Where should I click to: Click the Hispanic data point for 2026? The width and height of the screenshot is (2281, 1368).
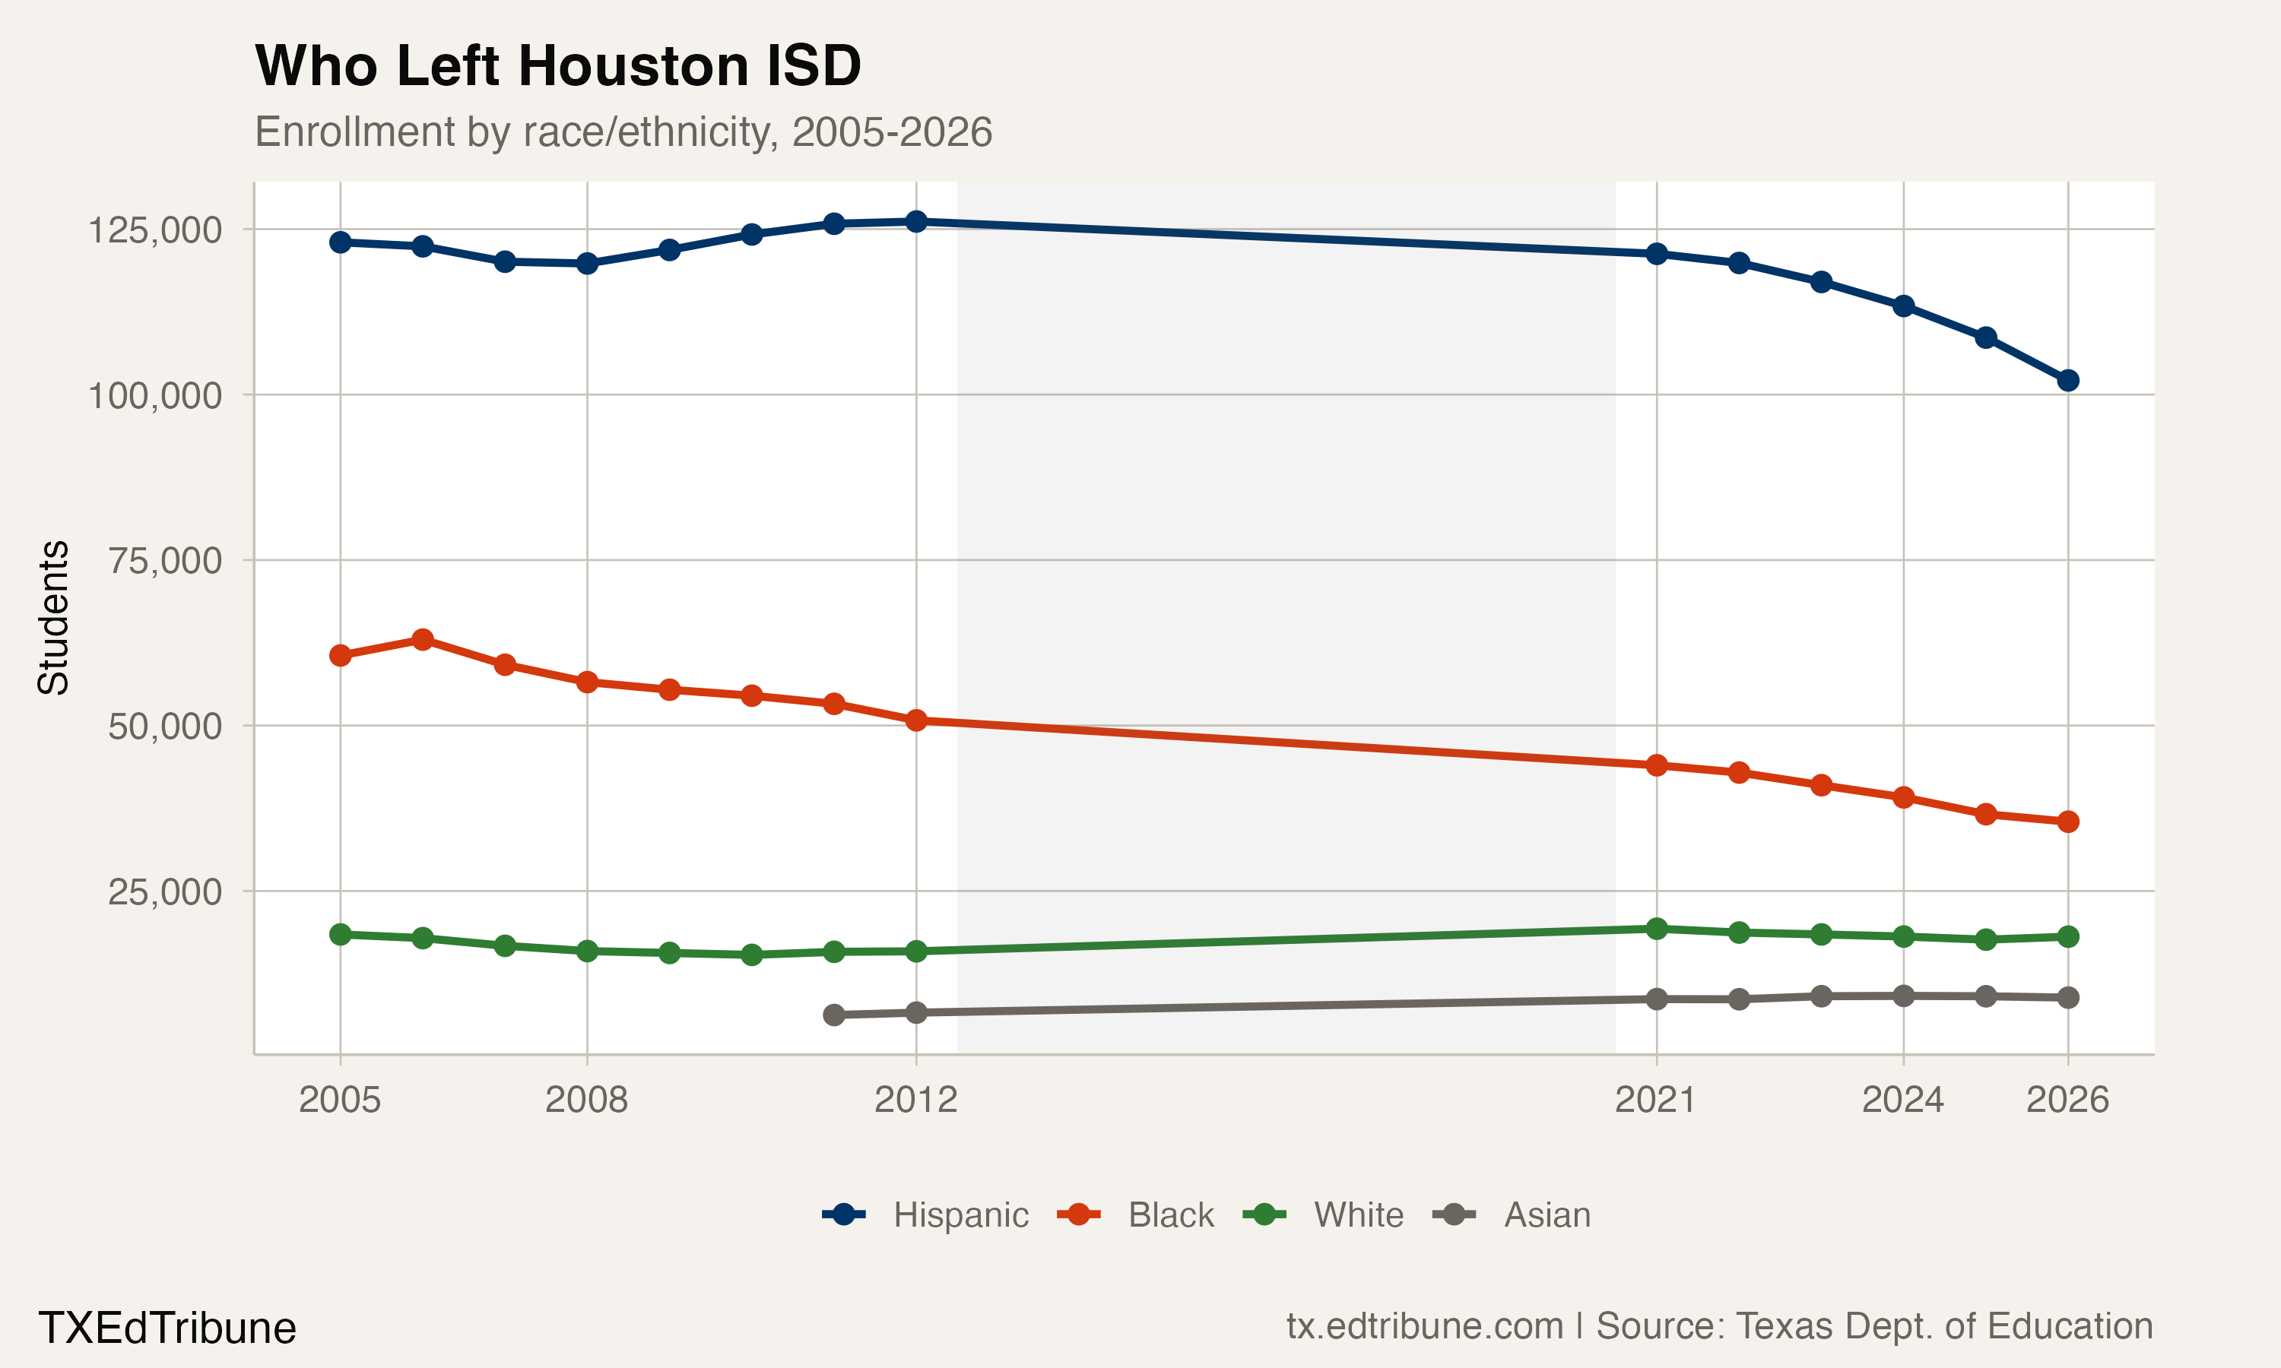point(2067,381)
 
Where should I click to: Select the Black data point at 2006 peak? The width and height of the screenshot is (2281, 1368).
point(422,640)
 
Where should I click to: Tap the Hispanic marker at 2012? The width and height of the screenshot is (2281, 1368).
point(915,221)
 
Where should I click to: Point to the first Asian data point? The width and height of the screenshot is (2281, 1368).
point(833,1015)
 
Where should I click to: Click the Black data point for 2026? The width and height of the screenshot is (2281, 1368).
point(2067,822)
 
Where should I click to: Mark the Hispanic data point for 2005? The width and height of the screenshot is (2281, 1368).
point(340,242)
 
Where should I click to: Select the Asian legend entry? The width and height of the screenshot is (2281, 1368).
point(1512,1215)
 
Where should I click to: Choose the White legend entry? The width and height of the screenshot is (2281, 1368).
point(1324,1215)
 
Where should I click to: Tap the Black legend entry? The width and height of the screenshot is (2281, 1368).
point(1136,1215)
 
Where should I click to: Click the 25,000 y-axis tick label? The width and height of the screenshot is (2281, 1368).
point(165,891)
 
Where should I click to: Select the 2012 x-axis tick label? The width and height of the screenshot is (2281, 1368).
point(915,1100)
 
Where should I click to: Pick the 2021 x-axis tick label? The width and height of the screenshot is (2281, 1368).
point(1656,1100)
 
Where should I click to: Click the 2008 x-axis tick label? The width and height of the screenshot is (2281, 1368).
point(586,1100)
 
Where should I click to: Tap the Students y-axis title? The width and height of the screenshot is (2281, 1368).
point(53,618)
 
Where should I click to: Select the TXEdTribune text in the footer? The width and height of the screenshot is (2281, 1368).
point(167,1328)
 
